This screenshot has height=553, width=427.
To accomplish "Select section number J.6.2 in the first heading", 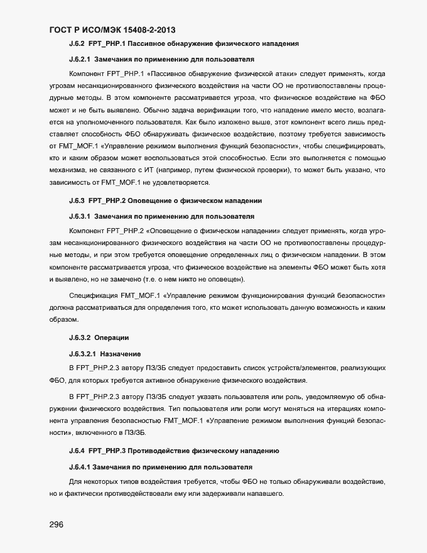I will (x=77, y=44).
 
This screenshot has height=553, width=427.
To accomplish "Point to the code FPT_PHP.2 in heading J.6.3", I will (x=109, y=201).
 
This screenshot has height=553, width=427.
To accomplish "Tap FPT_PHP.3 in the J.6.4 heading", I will (x=109, y=451).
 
